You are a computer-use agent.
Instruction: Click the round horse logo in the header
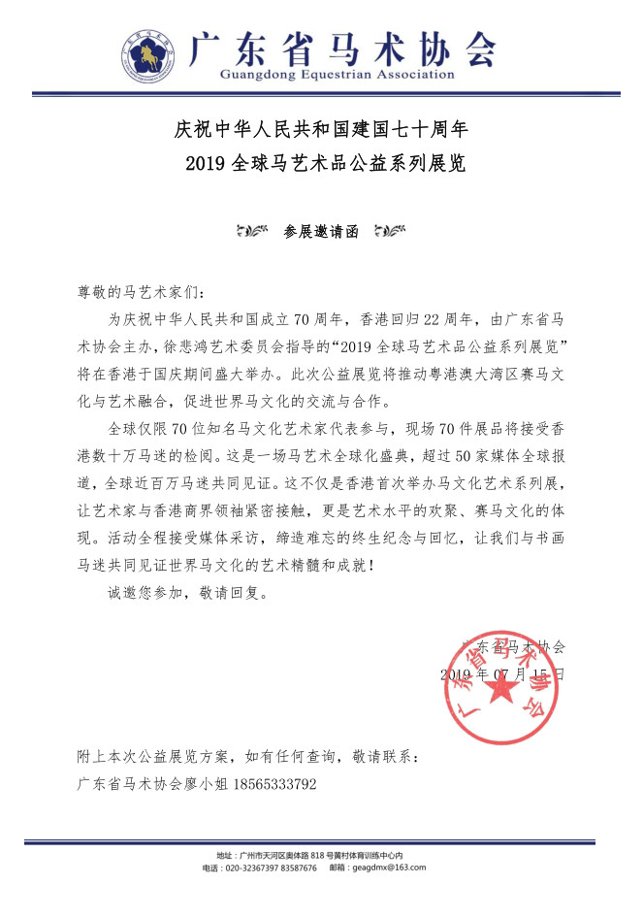coord(148,53)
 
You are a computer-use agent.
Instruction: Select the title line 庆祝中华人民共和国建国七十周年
coord(322,128)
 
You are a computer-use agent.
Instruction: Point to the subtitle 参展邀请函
coord(321,232)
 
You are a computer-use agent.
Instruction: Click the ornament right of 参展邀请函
coord(389,233)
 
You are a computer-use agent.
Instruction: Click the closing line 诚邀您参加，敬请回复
coord(183,589)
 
